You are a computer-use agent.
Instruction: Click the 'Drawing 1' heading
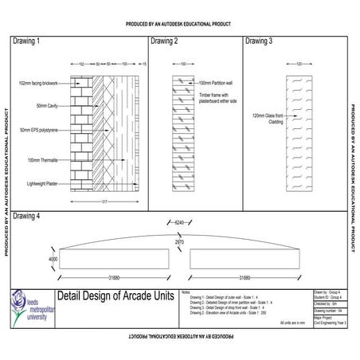[28, 40]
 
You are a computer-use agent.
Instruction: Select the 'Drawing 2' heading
[164, 40]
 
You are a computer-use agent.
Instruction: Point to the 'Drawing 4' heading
[28, 216]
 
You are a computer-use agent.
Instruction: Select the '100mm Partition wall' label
[217, 83]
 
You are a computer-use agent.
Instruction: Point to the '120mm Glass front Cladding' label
[265, 118]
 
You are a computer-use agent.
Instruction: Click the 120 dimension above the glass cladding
[299, 64]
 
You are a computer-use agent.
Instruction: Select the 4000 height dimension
[53, 260]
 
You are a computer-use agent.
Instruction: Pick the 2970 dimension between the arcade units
[180, 241]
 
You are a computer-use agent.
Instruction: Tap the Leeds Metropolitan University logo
[18, 307]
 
